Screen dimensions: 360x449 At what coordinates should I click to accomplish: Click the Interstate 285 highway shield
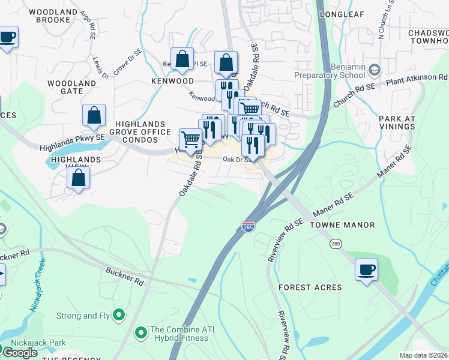click(x=247, y=227)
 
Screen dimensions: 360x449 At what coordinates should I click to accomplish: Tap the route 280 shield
click(x=335, y=244)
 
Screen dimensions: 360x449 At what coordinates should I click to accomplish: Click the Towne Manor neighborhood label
click(x=342, y=225)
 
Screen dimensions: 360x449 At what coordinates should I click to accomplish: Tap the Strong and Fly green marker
click(x=119, y=314)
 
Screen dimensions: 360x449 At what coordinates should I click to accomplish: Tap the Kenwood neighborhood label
click(x=172, y=80)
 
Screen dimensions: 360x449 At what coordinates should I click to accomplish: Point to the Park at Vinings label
click(x=397, y=122)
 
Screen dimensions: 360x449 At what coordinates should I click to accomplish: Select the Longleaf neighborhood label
click(x=342, y=13)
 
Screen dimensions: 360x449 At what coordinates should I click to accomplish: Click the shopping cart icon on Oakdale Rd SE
click(x=191, y=140)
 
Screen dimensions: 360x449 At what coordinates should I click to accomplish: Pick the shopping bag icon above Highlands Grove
click(x=94, y=116)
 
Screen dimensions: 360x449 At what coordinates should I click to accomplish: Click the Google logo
click(x=20, y=353)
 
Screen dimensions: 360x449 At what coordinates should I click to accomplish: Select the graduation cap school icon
click(x=375, y=70)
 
